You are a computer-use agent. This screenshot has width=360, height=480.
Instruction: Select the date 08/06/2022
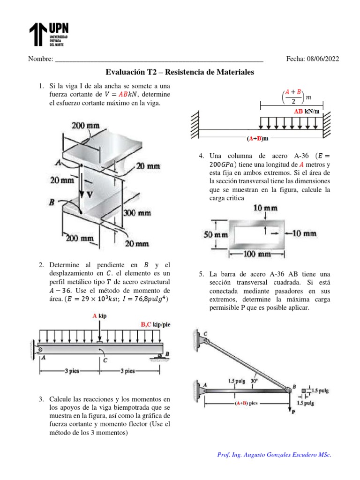coord(322,59)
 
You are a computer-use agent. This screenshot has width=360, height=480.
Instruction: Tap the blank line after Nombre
coord(159,60)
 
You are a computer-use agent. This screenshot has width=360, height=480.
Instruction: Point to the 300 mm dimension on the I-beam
coord(137,213)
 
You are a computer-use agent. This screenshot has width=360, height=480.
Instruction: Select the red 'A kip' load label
coord(99,316)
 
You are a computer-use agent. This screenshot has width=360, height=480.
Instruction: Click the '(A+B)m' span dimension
coord(257,139)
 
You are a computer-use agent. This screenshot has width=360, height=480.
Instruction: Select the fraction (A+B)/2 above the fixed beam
coord(294,97)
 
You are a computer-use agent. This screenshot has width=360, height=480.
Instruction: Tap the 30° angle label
coord(255,381)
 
